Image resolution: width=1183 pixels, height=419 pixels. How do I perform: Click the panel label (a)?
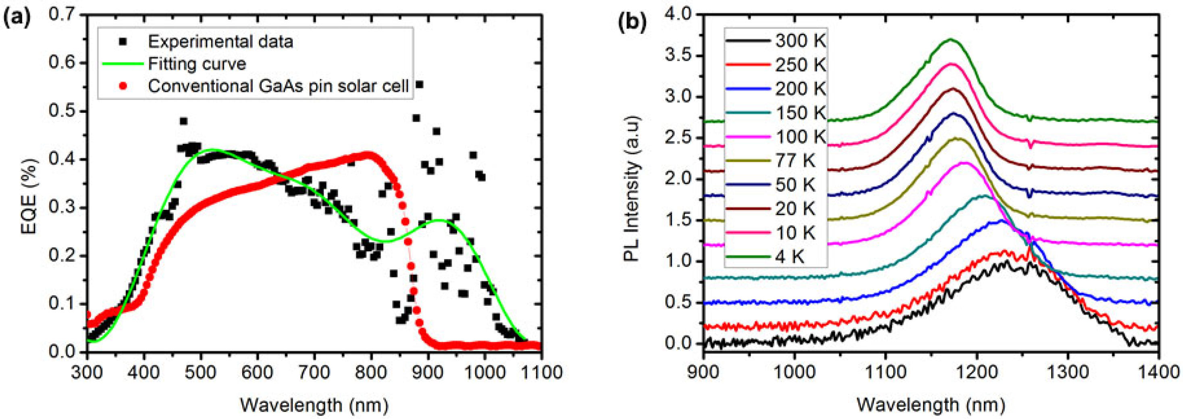click(17, 19)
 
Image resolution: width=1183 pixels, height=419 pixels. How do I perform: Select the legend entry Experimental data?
click(220, 42)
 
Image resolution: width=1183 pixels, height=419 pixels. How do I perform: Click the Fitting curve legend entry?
click(197, 63)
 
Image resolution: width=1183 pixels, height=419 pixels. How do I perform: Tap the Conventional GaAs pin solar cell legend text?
click(278, 86)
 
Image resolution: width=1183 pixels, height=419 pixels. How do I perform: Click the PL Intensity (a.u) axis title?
click(632, 188)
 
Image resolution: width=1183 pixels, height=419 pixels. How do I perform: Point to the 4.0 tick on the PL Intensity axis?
click(678, 15)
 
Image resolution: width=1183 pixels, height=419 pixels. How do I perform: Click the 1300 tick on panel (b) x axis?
click(1067, 371)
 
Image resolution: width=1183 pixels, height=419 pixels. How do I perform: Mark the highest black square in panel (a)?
click(419, 85)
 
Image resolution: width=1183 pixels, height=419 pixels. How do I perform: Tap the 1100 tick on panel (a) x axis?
click(541, 371)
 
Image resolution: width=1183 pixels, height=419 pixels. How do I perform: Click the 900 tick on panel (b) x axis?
click(703, 371)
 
